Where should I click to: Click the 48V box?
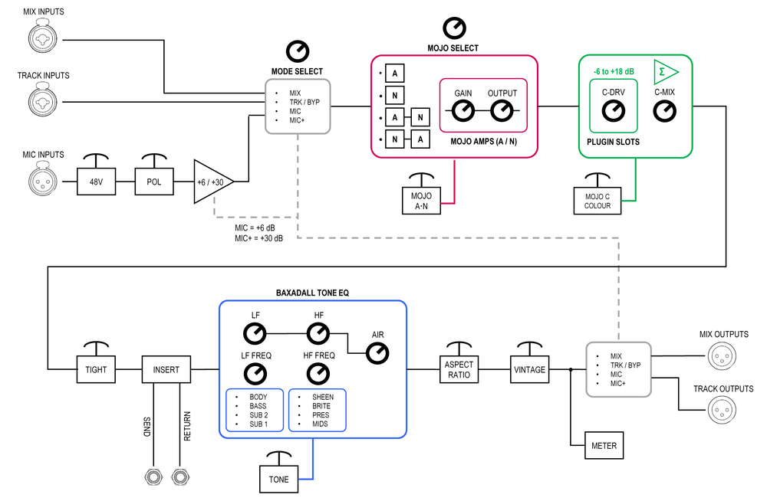click(x=96, y=182)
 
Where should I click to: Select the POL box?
click(x=154, y=182)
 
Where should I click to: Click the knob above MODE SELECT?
click(x=298, y=52)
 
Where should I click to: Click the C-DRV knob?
click(x=613, y=112)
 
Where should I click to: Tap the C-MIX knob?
click(x=664, y=112)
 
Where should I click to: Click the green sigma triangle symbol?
click(x=665, y=73)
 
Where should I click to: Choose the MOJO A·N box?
click(x=420, y=201)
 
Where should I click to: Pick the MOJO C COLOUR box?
click(x=597, y=201)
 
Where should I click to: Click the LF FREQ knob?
click(x=255, y=374)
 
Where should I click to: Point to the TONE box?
click(x=279, y=479)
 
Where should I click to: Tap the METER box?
click(x=604, y=444)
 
